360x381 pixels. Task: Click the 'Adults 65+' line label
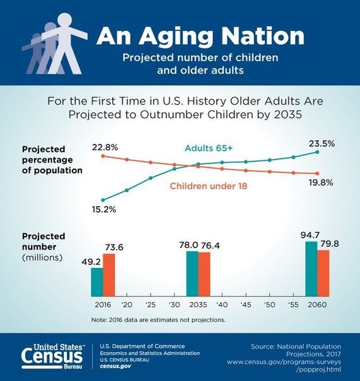click(209, 148)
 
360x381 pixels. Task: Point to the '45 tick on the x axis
click(246, 304)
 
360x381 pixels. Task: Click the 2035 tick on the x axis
click(198, 304)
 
